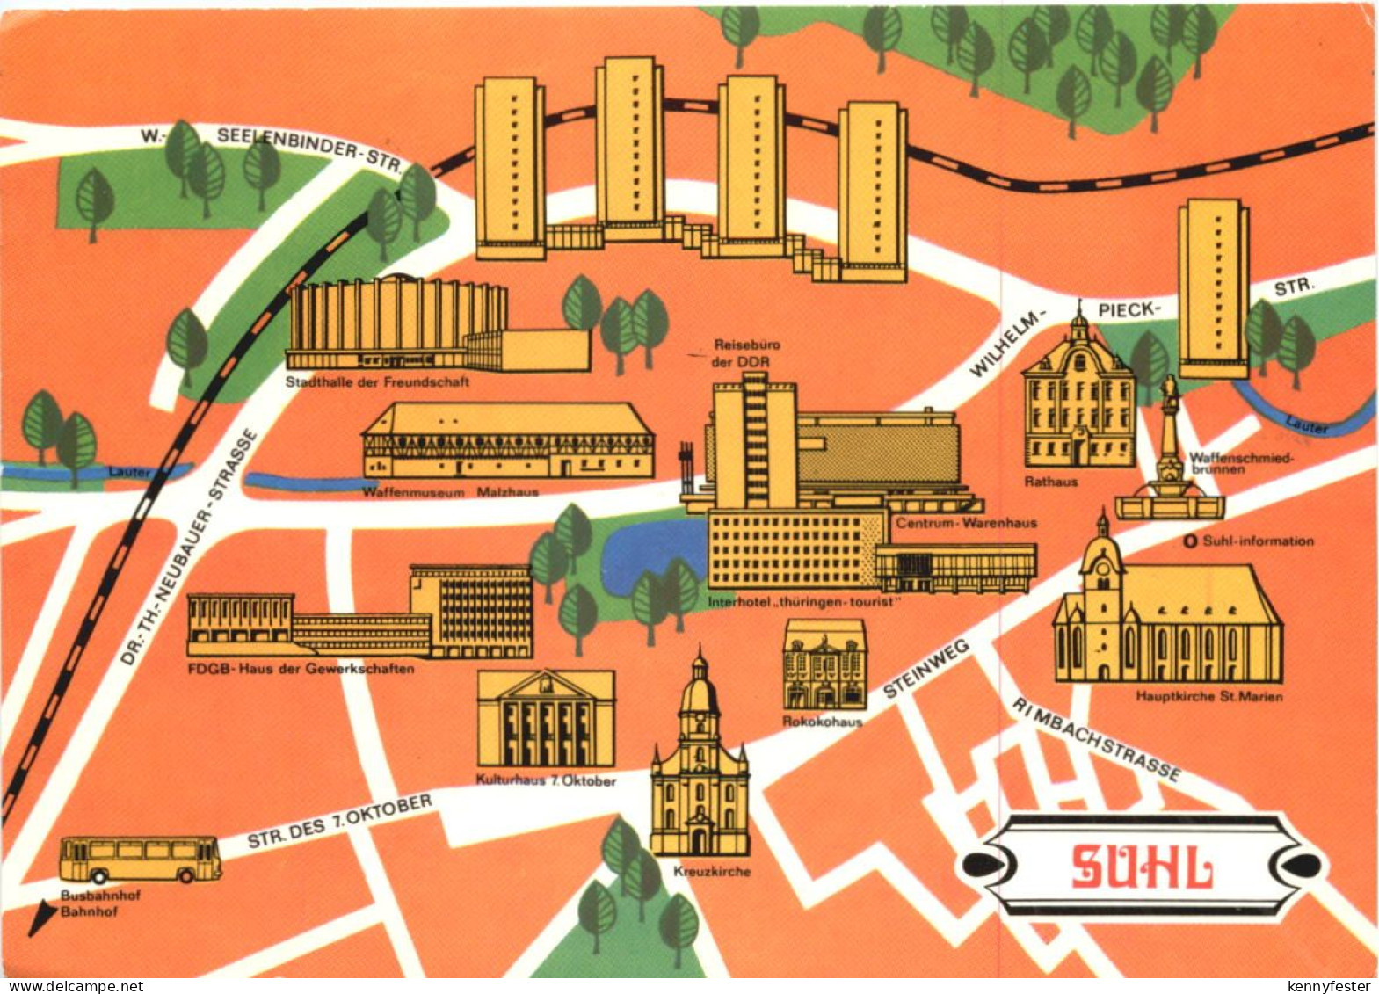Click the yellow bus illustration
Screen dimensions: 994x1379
pos(141,859)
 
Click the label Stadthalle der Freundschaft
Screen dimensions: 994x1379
pos(377,382)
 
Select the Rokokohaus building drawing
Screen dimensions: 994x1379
pos(824,664)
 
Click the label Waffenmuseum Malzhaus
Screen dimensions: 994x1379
pos(450,492)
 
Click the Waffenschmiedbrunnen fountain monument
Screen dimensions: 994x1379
pos(1169,457)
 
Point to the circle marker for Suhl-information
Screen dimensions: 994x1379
pos(1191,541)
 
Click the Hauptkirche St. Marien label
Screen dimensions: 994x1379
pos(1208,696)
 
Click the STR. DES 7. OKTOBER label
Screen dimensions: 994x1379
pos(339,821)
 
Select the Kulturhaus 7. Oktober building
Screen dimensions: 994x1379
pos(546,718)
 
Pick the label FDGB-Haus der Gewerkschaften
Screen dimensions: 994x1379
pos(301,669)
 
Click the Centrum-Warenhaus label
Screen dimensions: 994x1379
pos(966,523)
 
